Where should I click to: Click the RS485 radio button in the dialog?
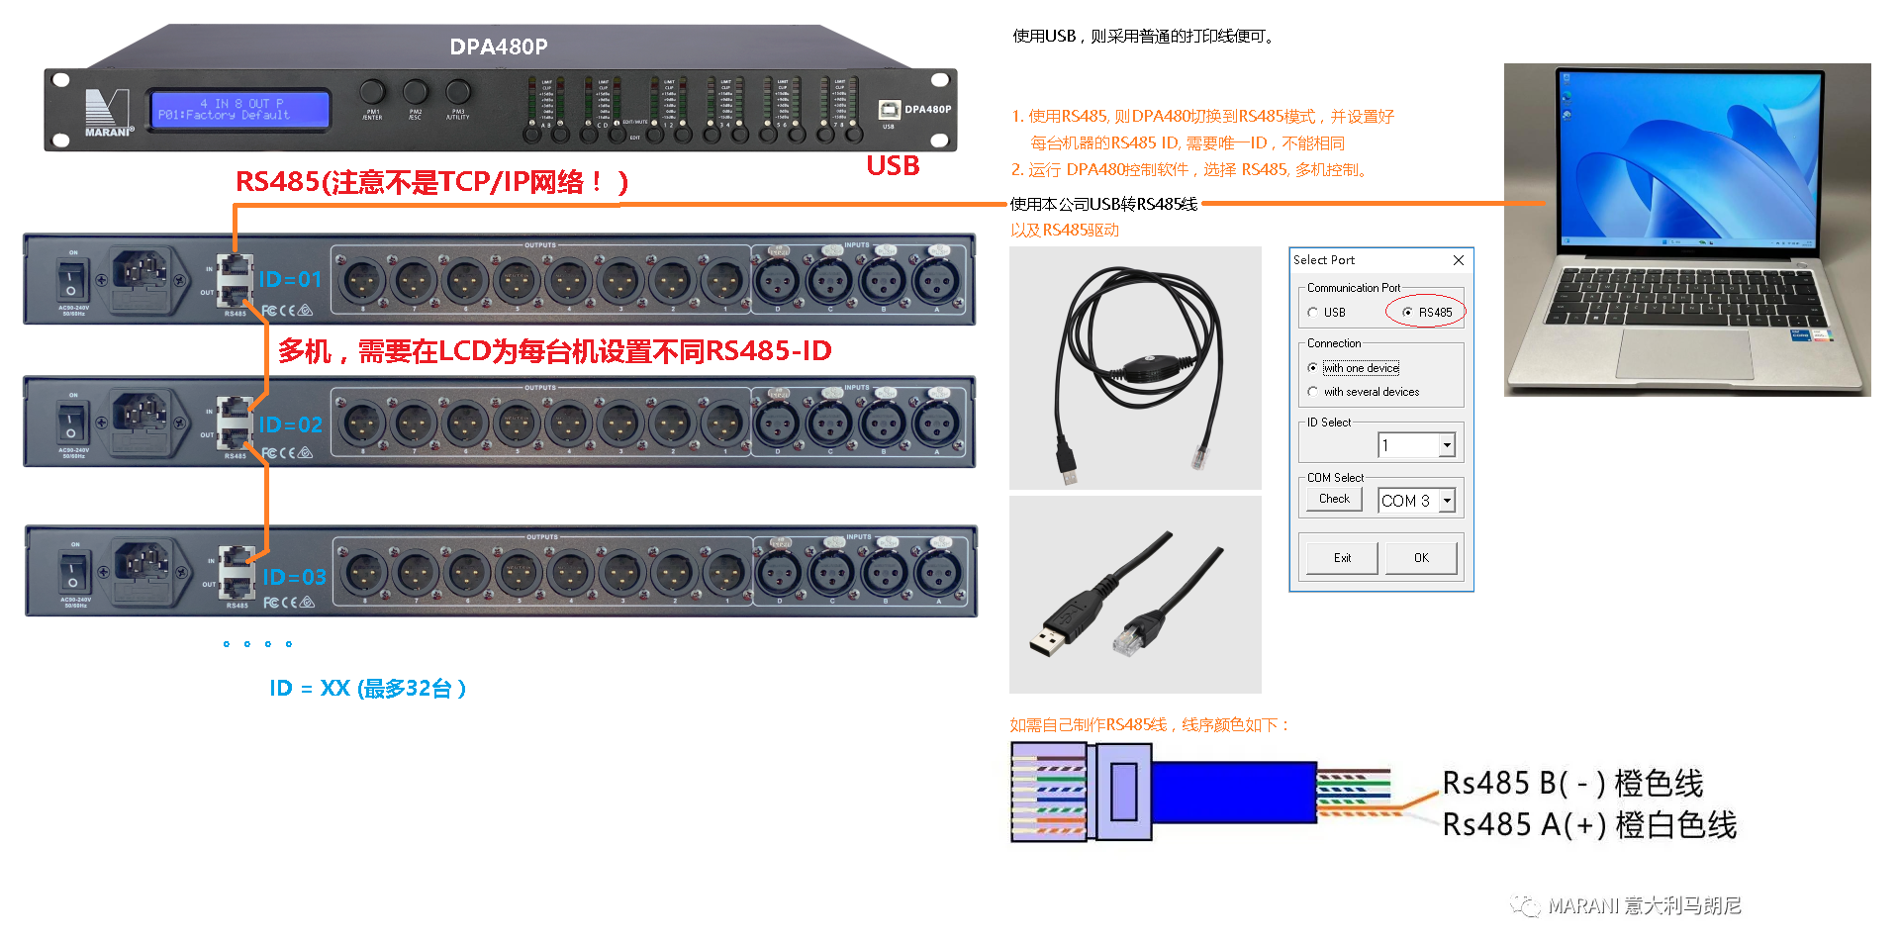click(1407, 313)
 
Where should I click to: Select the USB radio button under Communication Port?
click(1313, 313)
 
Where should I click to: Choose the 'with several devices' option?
click(1313, 392)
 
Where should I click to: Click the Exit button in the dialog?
click(1341, 557)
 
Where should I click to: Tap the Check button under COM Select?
click(1333, 499)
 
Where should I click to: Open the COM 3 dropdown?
click(1447, 501)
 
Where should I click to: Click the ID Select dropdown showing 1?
click(1447, 445)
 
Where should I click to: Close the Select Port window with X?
click(1458, 260)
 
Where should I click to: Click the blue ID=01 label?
click(290, 279)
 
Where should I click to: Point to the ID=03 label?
click(294, 577)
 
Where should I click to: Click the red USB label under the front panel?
click(893, 166)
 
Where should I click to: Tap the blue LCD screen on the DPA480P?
click(239, 109)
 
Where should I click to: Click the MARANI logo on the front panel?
click(107, 112)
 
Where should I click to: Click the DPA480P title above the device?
click(498, 47)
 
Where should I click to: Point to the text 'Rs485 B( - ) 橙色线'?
click(1571, 784)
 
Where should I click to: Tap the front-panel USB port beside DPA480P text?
click(889, 110)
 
